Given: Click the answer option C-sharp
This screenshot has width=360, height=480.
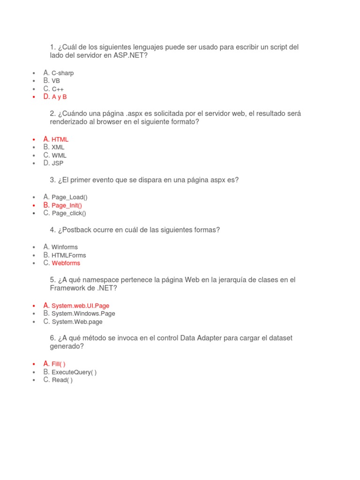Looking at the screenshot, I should click(62, 73).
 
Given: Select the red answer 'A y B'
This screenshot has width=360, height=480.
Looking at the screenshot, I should click(59, 97).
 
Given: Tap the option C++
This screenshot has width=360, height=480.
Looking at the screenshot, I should click(58, 89).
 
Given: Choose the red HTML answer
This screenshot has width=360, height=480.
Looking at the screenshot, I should click(60, 140).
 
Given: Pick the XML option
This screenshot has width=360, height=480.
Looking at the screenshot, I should click(58, 148).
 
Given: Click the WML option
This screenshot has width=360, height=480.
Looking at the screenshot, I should click(59, 156).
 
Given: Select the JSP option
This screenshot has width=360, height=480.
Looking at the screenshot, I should click(57, 164).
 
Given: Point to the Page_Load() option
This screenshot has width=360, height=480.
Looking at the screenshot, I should click(69, 197).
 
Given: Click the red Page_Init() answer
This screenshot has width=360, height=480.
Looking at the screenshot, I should click(67, 205).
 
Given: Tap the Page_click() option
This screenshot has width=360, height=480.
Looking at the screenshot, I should click(69, 213).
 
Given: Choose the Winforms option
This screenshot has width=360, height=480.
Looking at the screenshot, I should click(65, 247).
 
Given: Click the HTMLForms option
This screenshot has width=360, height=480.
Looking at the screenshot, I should click(68, 255).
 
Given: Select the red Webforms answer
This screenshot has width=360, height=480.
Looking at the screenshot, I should click(66, 263).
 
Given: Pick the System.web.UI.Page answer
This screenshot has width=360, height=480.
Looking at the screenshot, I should click(80, 306).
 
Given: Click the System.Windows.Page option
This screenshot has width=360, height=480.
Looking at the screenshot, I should click(83, 314).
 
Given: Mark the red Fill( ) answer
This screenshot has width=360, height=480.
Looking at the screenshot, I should click(58, 364).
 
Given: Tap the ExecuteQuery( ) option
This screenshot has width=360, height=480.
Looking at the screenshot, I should click(74, 372).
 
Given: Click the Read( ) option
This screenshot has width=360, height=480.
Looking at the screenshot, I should click(62, 380).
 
